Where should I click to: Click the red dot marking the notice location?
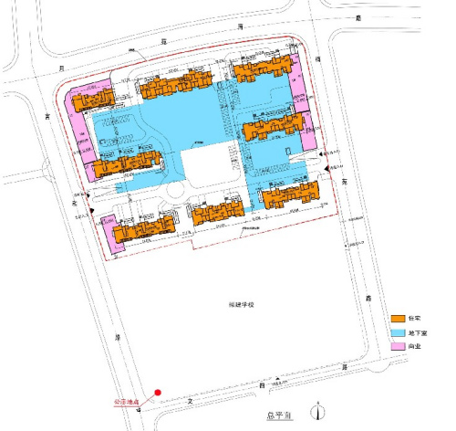[x=158, y=393]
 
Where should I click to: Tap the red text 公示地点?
[x=126, y=400]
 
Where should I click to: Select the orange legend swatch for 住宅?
[x=398, y=318]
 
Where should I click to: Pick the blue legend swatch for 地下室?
[x=398, y=332]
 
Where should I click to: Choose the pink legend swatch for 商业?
[x=398, y=347]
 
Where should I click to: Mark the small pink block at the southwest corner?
[x=109, y=233]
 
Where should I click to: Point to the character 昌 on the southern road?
[x=261, y=387]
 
